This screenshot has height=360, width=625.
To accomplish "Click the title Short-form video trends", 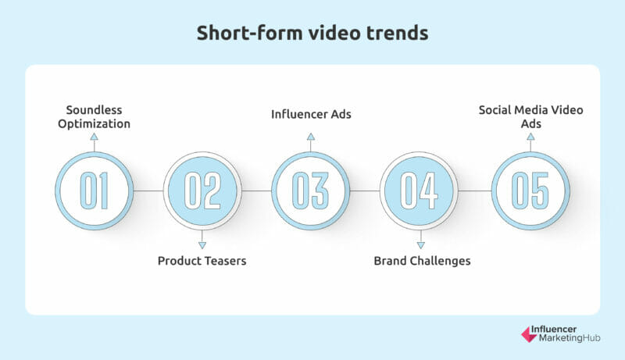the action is point(312,33).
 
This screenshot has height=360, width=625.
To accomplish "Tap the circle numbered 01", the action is point(94,191).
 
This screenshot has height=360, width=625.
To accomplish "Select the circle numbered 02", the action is point(202,191).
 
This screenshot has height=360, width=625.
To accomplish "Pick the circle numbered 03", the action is point(310,191).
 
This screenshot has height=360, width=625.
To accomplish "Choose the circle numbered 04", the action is point(420,191).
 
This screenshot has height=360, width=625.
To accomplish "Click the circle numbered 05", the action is point(530,191).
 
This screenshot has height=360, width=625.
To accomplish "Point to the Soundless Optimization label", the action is point(94,116).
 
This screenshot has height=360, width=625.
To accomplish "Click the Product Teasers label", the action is point(202,261).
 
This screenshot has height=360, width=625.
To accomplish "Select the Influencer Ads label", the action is point(311,114).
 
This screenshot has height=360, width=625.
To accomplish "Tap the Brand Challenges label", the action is point(422,261).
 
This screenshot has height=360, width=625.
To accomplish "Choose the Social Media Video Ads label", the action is point(531,116).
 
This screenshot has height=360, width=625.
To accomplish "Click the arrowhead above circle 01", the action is point(94,137).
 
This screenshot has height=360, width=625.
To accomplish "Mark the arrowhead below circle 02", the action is point(202,245).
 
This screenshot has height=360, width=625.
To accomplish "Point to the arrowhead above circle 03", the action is point(311,137).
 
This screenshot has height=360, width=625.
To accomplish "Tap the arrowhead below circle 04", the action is point(421,245).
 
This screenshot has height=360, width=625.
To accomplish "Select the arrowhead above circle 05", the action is point(530,137).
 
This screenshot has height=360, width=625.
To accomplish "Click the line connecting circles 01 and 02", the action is point(148,191).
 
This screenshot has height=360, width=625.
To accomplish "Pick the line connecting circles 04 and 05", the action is point(475,191).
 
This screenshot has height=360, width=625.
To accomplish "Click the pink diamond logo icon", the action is point(529,334).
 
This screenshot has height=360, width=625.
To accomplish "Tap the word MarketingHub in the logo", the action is point(570,338).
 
